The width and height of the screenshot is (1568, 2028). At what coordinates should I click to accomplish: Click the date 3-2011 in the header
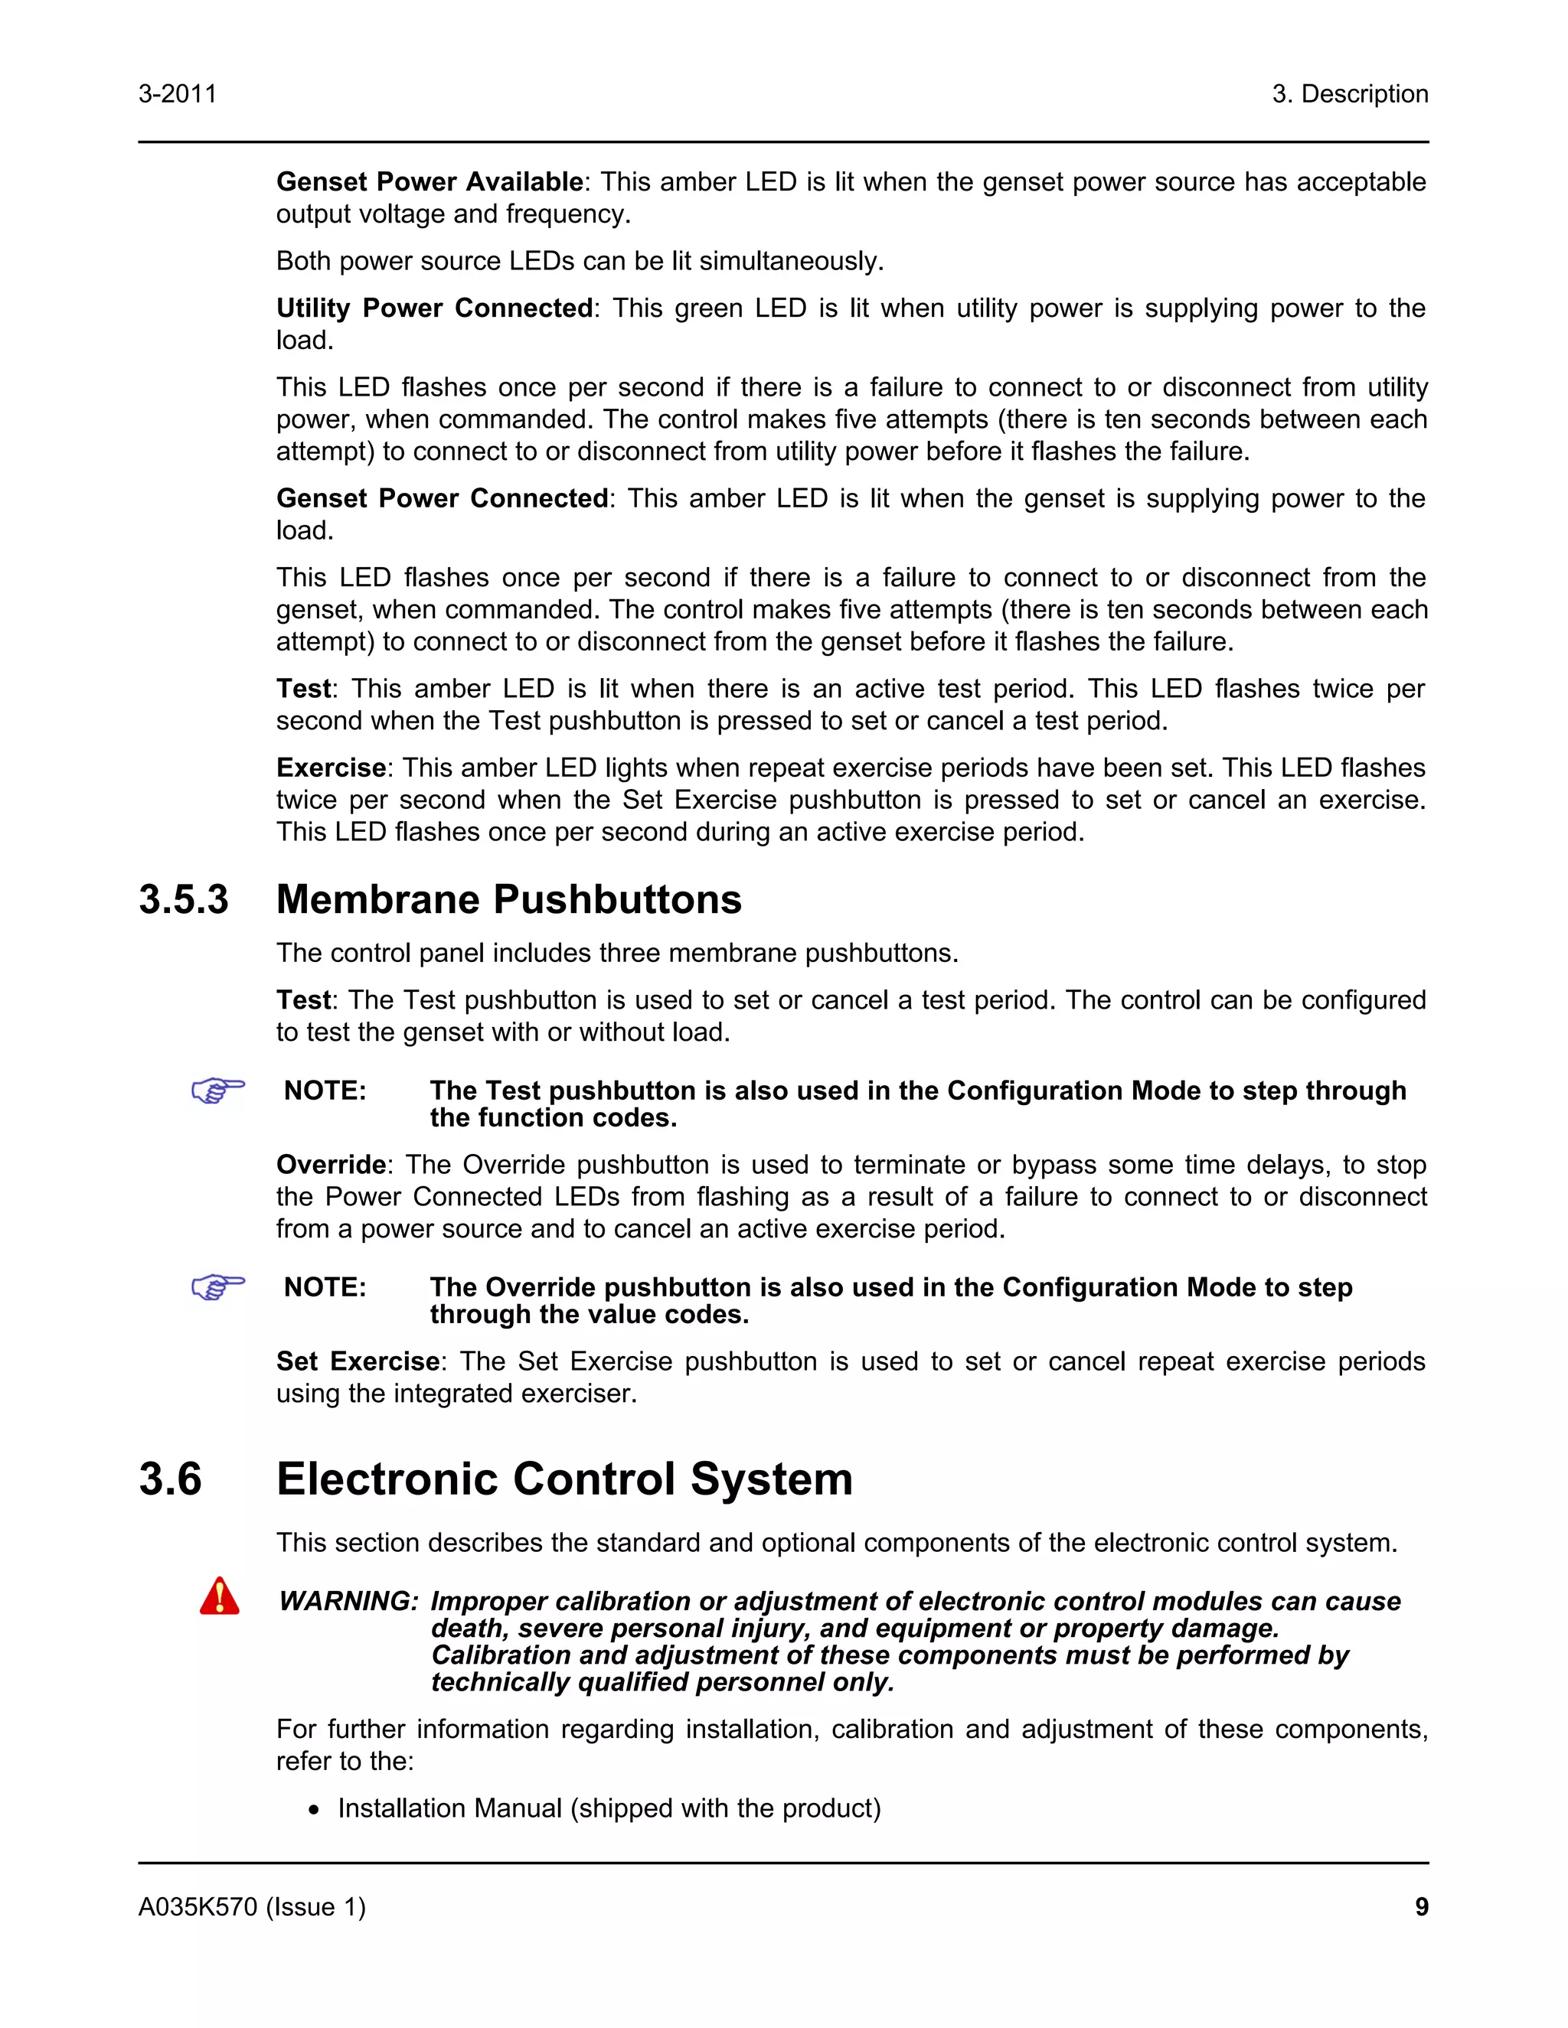pyautogui.click(x=178, y=94)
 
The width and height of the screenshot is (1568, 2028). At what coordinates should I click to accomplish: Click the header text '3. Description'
pyautogui.click(x=1350, y=94)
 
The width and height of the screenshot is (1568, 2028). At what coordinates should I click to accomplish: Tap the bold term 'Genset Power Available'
pyautogui.click(x=430, y=182)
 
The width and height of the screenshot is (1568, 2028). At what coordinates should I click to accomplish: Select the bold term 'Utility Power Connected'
pyautogui.click(x=435, y=308)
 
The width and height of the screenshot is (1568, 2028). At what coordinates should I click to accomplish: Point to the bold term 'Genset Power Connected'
pyautogui.click(x=443, y=499)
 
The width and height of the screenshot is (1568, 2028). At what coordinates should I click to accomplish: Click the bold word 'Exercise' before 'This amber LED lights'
pyautogui.click(x=331, y=768)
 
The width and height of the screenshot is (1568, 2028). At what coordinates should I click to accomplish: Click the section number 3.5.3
pyautogui.click(x=184, y=900)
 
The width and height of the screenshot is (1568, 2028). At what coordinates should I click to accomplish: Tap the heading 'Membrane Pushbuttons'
pyautogui.click(x=509, y=900)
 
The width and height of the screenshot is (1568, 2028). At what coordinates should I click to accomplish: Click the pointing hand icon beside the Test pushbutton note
pyautogui.click(x=218, y=1089)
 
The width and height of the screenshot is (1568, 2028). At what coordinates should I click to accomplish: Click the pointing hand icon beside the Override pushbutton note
pyautogui.click(x=218, y=1286)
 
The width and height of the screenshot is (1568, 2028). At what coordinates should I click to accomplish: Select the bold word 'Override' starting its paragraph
pyautogui.click(x=332, y=1165)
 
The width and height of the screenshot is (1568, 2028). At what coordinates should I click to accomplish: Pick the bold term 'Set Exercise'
pyautogui.click(x=358, y=1361)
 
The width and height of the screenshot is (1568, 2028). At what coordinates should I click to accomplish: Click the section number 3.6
pyautogui.click(x=171, y=1479)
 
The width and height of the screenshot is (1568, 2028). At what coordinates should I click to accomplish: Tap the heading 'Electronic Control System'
pyautogui.click(x=563, y=1479)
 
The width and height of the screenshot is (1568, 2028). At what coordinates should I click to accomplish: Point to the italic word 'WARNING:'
pyautogui.click(x=349, y=1602)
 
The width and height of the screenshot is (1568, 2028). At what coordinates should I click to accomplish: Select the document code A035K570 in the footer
pyautogui.click(x=198, y=1907)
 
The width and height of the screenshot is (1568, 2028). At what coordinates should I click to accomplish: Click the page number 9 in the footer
pyautogui.click(x=1421, y=1907)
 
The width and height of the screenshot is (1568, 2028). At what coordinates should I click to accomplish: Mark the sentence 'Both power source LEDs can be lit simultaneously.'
pyautogui.click(x=580, y=262)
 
